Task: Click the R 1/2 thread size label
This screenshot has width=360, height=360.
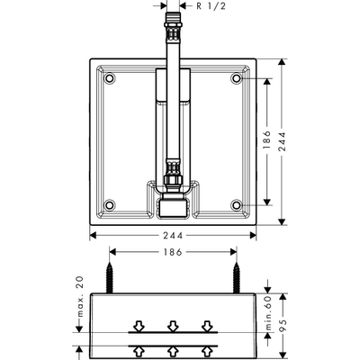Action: (211, 6)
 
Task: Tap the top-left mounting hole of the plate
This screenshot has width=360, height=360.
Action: (110, 78)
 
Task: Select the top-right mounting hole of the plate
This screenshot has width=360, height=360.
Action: (237, 78)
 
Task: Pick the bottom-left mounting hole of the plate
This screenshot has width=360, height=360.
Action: (110, 205)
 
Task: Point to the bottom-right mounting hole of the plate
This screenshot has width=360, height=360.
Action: (237, 205)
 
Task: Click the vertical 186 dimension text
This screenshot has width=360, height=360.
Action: (266, 139)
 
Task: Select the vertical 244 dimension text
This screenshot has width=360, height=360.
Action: (282, 141)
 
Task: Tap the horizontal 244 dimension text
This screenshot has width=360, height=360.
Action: (173, 236)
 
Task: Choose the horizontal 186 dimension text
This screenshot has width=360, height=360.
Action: (173, 252)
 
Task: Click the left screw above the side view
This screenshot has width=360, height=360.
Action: (110, 277)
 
